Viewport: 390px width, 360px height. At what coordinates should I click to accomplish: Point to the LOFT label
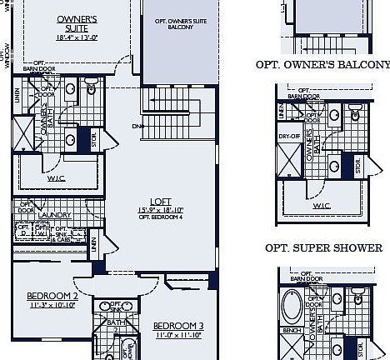click(x=160, y=201)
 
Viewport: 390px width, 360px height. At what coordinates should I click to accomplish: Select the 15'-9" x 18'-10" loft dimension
click(x=160, y=209)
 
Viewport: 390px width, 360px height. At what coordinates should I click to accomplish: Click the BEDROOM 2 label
click(x=52, y=296)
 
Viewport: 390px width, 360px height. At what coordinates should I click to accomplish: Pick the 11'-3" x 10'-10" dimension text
click(x=52, y=306)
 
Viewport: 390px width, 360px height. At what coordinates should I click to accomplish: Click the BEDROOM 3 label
click(x=178, y=325)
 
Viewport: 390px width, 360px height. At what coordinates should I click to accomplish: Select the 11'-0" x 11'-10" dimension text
click(x=178, y=335)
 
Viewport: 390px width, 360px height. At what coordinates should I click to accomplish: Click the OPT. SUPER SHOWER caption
click(x=324, y=248)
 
